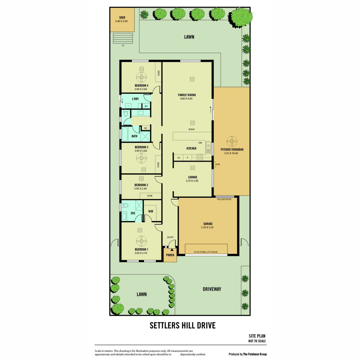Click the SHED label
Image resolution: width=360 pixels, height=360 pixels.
click(122, 18)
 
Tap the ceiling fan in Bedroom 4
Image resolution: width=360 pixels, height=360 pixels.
click(141, 77)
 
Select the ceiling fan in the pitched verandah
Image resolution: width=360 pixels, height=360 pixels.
click(232, 141)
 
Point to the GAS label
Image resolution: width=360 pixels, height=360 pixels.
click(217, 164)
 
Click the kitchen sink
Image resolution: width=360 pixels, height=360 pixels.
click(208, 148)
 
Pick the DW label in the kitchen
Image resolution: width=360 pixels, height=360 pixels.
click(200, 143)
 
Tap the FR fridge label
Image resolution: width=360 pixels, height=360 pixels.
click(178, 158)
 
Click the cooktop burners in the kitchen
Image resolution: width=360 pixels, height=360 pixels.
click(199, 157)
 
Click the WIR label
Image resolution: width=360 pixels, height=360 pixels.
click(151, 211)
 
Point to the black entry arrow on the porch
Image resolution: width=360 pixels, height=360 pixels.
click(172, 249)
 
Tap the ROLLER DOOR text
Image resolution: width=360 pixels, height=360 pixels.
click(224, 199)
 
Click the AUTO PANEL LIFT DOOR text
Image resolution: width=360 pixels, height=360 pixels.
click(205, 252)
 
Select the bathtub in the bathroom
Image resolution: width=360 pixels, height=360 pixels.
click(124, 134)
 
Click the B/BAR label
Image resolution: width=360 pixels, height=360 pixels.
click(191, 129)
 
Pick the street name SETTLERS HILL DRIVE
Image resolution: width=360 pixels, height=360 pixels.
click(182, 325)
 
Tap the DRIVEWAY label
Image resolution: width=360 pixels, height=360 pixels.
click(212, 289)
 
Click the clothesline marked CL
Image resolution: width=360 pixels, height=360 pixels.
click(123, 38)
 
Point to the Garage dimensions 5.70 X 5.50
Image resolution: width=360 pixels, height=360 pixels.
click(207, 227)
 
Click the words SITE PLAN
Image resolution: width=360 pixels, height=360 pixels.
click(257, 336)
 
